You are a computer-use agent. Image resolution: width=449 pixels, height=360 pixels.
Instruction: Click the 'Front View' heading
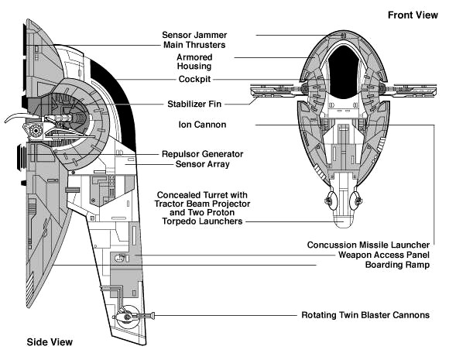(x=413, y=15)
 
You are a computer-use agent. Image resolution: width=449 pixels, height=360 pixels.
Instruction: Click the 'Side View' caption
(x=50, y=342)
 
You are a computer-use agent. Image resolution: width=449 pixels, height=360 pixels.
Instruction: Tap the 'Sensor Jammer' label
(x=194, y=35)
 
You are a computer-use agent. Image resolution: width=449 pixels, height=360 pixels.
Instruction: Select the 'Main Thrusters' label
(x=194, y=45)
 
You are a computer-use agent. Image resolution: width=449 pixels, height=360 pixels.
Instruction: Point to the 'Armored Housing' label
(x=194, y=62)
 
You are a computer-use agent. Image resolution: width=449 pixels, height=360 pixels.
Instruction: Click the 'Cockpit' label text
(x=194, y=79)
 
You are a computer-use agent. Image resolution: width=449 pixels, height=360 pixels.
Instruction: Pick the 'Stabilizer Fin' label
(x=194, y=104)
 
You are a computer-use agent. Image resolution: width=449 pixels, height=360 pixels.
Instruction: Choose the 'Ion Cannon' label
(x=202, y=125)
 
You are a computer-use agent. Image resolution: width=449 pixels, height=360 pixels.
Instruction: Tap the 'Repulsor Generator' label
(x=203, y=154)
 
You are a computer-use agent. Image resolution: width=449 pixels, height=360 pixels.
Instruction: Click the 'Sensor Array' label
(x=203, y=164)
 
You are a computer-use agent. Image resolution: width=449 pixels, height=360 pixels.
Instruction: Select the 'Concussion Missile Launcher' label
(x=368, y=245)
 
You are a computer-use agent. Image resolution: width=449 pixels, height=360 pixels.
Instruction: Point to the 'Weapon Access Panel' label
(x=384, y=255)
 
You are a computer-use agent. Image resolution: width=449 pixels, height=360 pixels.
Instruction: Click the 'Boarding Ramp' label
(x=397, y=265)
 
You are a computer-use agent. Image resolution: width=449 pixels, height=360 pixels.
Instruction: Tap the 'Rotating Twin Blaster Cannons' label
(x=365, y=315)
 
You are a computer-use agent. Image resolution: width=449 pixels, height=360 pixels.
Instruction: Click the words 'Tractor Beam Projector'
(x=202, y=204)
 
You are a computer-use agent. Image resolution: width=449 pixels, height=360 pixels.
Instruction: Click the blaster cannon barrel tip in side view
(x=153, y=316)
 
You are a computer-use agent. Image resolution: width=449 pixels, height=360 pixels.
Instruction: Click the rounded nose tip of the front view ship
(x=344, y=226)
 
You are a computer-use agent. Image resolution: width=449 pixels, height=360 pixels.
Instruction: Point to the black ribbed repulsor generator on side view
(x=22, y=157)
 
